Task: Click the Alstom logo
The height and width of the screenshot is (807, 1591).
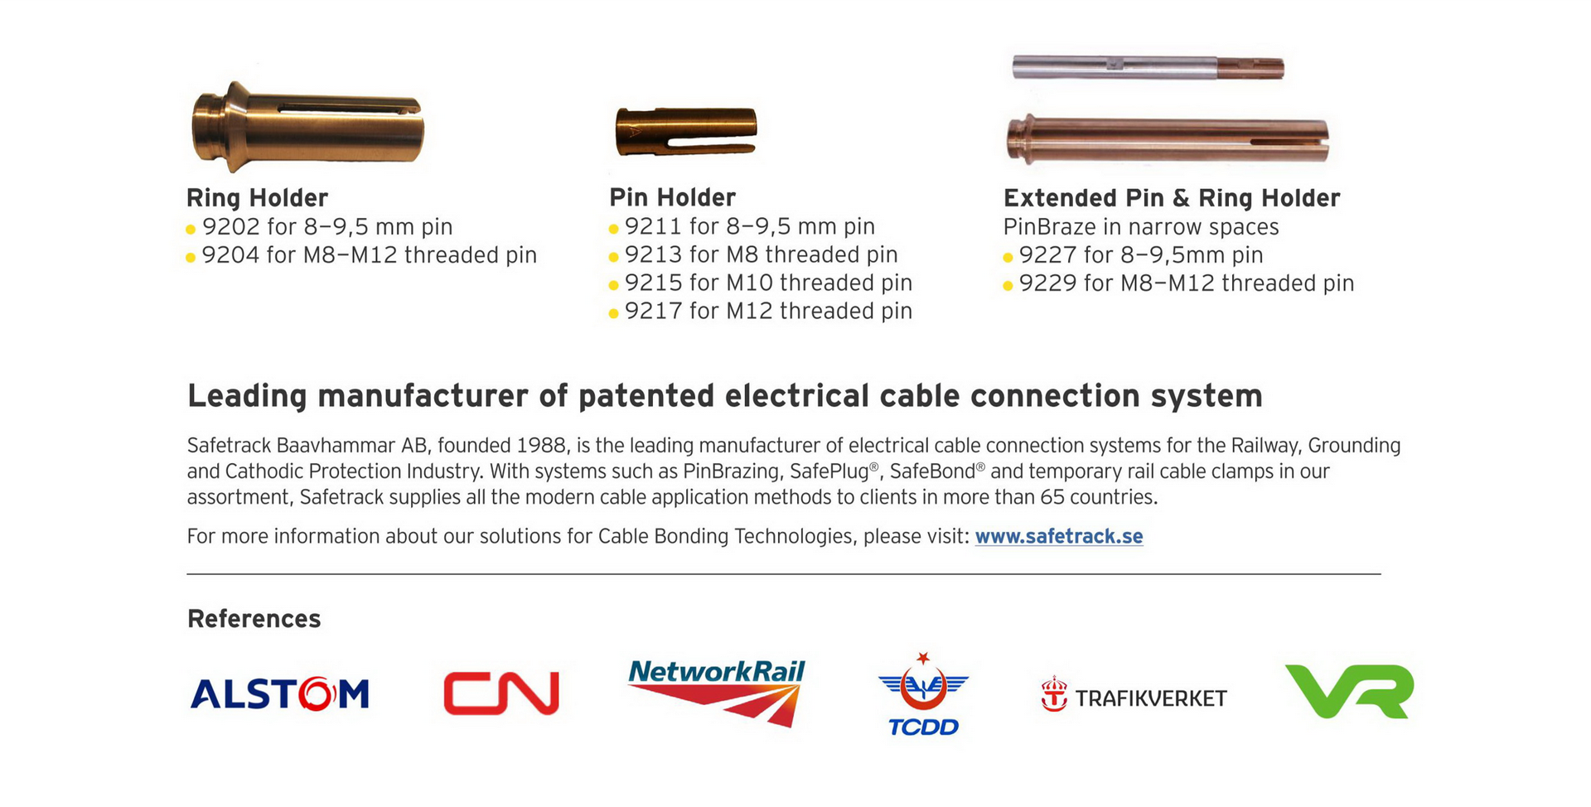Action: (279, 693)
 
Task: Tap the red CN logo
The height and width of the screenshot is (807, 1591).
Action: (501, 693)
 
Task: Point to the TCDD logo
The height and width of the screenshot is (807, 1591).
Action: (923, 694)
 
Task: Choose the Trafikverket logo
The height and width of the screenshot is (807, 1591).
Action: (1134, 696)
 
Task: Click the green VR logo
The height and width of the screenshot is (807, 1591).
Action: (1350, 691)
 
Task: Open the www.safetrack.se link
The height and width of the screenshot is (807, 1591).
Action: (1059, 537)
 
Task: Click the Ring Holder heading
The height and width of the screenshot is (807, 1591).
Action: (257, 198)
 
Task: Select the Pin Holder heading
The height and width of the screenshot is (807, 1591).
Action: (672, 197)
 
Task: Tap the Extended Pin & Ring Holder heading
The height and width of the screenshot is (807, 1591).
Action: (1172, 198)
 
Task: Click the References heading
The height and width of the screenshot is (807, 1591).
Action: (254, 619)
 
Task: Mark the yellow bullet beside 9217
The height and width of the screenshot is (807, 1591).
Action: (613, 313)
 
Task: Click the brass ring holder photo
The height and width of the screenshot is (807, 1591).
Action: (307, 127)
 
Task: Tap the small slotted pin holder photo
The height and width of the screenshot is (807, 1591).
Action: (686, 131)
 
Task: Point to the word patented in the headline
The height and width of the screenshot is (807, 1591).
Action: (646, 397)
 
